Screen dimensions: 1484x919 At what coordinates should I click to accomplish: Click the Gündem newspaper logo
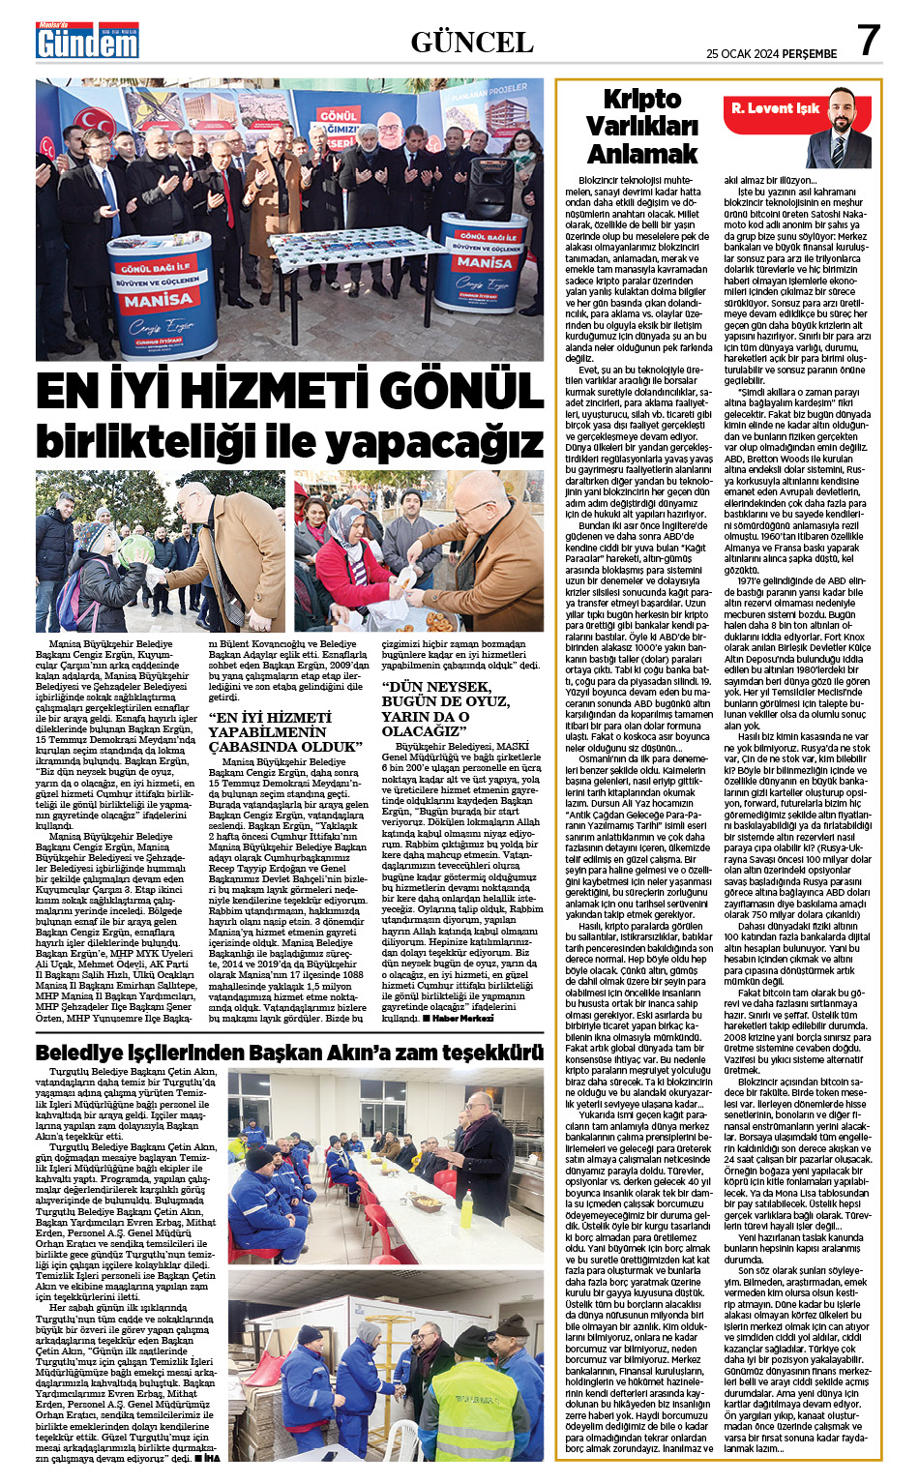click(88, 42)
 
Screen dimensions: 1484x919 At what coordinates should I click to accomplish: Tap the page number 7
click(869, 41)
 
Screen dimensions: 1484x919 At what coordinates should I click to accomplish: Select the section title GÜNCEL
click(472, 42)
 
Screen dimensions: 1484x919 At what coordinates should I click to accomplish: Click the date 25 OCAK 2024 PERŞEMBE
click(771, 53)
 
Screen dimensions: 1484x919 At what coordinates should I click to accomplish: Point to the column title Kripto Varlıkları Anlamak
click(641, 127)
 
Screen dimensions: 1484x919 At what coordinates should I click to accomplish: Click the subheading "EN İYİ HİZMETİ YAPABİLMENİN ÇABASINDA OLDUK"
click(285, 731)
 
